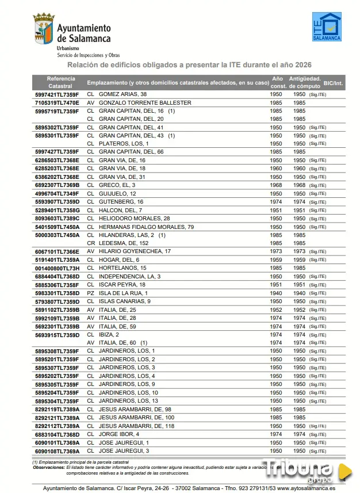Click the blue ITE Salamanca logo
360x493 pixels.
click(x=326, y=26)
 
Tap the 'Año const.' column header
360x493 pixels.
click(x=278, y=82)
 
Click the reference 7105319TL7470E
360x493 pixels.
click(x=57, y=103)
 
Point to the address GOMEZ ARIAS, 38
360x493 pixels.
click(x=122, y=94)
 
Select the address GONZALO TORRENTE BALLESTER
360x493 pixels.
click(x=145, y=103)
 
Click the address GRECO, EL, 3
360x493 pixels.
click(x=117, y=185)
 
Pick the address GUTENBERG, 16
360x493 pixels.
click(x=121, y=202)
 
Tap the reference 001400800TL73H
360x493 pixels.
click(x=57, y=268)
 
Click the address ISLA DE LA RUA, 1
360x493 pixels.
click(x=123, y=293)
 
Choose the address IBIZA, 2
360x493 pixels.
click(x=109, y=334)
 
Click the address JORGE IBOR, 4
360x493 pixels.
click(x=118, y=434)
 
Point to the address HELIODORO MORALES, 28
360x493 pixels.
click(x=134, y=219)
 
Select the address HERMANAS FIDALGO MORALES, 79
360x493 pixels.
click(x=146, y=227)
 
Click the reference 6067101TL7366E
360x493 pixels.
click(x=57, y=251)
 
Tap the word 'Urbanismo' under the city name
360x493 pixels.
click(x=68, y=49)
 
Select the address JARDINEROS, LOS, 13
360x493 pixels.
click(x=128, y=401)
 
